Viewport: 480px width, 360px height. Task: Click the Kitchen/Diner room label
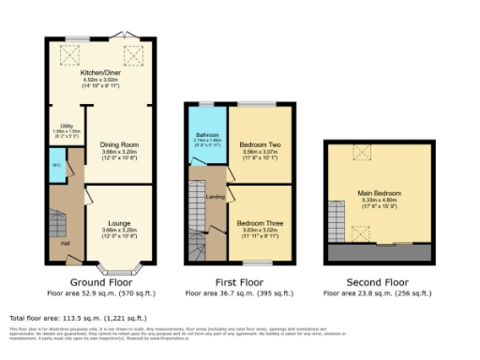tap(100, 74)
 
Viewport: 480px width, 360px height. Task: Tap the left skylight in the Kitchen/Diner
tap(67, 56)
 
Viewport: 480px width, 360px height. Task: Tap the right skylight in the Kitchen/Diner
tap(132, 56)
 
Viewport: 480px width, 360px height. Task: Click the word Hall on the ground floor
tap(65, 244)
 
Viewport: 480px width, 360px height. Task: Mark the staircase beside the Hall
tap(58, 225)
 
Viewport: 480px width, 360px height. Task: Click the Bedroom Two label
tap(256, 147)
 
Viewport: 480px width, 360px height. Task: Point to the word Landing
tap(215, 197)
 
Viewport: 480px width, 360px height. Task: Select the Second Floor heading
tap(378, 282)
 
